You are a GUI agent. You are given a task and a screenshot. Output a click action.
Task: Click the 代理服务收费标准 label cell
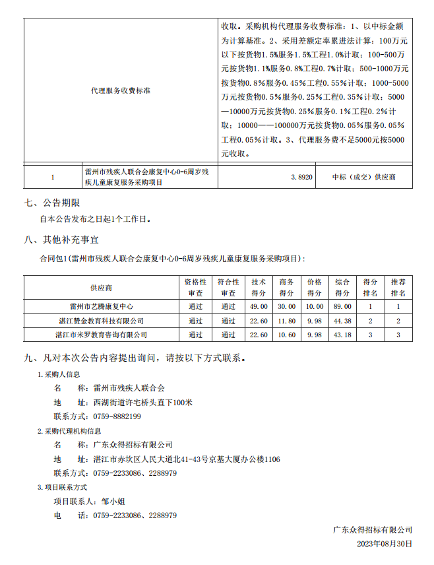[x=121, y=90]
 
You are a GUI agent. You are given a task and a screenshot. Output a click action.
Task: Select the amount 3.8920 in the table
[x=301, y=178]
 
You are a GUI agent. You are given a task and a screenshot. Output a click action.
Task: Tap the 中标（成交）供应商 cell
[x=364, y=178]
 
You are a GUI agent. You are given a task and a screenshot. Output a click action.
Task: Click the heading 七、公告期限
[x=52, y=203]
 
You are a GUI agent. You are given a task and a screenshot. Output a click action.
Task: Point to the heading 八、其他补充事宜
[x=61, y=239]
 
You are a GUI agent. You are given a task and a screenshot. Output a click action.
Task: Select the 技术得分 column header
[x=259, y=288]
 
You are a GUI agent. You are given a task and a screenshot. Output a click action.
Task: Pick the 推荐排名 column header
[x=398, y=288]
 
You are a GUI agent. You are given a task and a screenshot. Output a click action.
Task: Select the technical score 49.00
[x=259, y=306]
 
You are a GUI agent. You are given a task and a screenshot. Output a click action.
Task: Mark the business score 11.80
[x=287, y=321]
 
